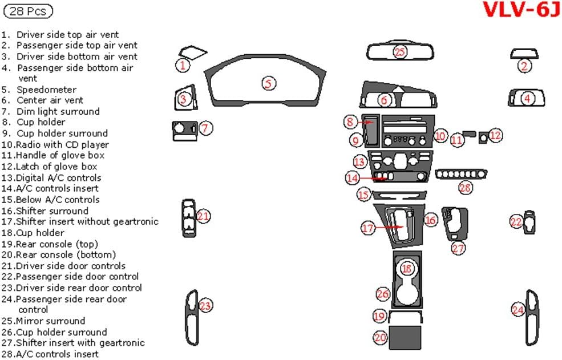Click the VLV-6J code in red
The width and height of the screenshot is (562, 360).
[x=521, y=10]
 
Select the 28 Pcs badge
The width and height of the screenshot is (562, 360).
[x=29, y=10]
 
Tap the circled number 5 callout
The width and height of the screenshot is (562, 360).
[x=269, y=83]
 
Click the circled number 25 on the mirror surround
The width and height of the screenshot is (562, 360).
[x=399, y=52]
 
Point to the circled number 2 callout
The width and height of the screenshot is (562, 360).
[x=524, y=66]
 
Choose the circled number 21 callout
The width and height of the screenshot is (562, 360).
[x=203, y=216]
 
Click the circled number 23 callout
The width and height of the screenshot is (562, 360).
[x=205, y=306]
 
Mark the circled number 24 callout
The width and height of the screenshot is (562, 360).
[x=517, y=310]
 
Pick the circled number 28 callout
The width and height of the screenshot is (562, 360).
[x=466, y=187]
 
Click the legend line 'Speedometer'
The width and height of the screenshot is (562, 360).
[x=46, y=90]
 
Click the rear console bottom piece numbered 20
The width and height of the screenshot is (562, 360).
[x=405, y=337]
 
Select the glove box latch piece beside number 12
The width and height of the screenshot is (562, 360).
[x=483, y=136]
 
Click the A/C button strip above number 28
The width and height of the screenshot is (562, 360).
[x=461, y=173]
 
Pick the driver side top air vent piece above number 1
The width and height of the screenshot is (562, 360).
[x=191, y=51]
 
